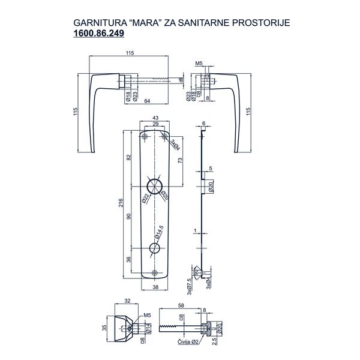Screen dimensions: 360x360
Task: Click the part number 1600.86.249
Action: pos(99,34)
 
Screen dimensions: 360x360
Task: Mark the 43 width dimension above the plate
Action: pos(155,118)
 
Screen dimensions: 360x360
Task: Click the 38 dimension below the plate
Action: pos(155,287)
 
